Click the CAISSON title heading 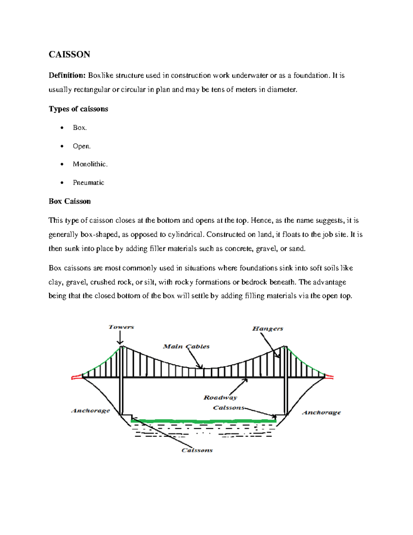coord(69,54)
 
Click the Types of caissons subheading coord(78,109)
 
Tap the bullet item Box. coord(80,128)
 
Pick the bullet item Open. coord(82,146)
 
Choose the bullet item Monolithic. coord(90,164)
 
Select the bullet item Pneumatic coord(88,183)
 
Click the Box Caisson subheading coord(70,202)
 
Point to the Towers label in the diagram coord(121,327)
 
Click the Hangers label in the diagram coord(267,329)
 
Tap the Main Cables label coord(186,347)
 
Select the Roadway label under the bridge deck coord(220,398)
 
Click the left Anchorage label coord(91,411)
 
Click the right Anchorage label coord(321,412)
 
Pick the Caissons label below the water coord(197,450)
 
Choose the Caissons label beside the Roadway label coord(229,408)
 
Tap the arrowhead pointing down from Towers coord(120,342)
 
